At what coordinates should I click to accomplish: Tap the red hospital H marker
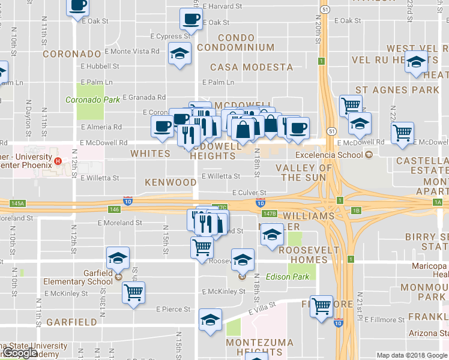click(x=58, y=161)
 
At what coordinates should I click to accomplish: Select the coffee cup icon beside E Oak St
click(x=190, y=19)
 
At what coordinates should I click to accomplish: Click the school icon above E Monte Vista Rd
click(x=179, y=54)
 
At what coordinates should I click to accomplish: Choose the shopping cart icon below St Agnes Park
click(x=351, y=106)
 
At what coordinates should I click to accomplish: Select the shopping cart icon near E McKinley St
click(x=133, y=293)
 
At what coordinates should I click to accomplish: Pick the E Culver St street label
click(x=249, y=193)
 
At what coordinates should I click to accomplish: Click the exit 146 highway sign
click(x=115, y=209)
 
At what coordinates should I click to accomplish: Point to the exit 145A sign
click(x=17, y=203)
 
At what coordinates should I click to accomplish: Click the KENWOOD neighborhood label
click(x=170, y=182)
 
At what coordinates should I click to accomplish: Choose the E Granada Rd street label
click(x=144, y=97)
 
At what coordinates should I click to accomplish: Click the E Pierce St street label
click(x=173, y=310)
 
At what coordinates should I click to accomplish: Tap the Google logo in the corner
click(x=20, y=353)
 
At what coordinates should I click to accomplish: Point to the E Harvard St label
click(x=222, y=6)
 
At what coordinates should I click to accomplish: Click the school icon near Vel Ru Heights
click(x=416, y=61)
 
